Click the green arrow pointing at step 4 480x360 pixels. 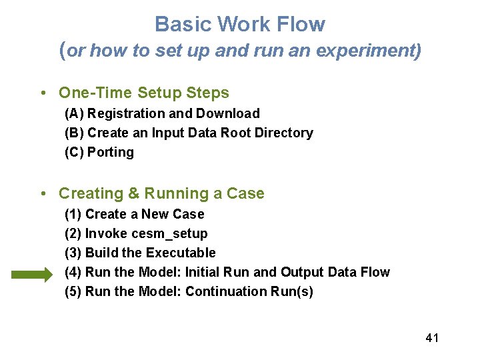point(31,273)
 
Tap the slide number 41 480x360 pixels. point(432,338)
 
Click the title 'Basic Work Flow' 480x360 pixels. point(240,25)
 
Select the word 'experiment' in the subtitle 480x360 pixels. point(379,51)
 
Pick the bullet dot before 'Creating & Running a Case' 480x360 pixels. point(43,194)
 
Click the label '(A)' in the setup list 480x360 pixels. point(74,114)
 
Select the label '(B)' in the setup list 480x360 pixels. point(74,133)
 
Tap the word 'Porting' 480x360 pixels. point(111,153)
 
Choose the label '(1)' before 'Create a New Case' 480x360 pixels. point(73,215)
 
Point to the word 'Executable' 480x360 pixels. point(181,253)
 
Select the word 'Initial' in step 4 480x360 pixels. point(204,273)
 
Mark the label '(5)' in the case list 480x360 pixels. point(73,292)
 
